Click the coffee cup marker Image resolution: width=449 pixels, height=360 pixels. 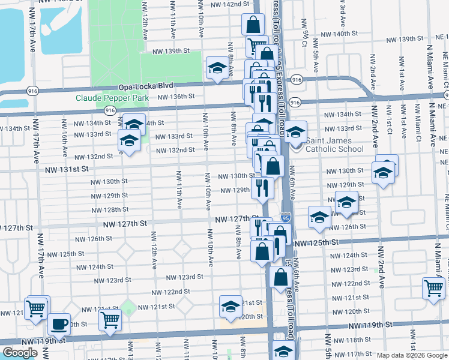[59, 325]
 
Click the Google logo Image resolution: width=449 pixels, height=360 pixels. [20, 353]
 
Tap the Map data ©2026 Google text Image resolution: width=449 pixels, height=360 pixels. [412, 355]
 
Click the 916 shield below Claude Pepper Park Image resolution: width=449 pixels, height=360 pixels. [110, 111]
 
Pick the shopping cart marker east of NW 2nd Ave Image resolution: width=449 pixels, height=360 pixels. [433, 289]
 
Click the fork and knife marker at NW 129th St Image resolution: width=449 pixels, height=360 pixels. [262, 188]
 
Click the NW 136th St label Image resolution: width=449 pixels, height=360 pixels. [176, 96]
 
